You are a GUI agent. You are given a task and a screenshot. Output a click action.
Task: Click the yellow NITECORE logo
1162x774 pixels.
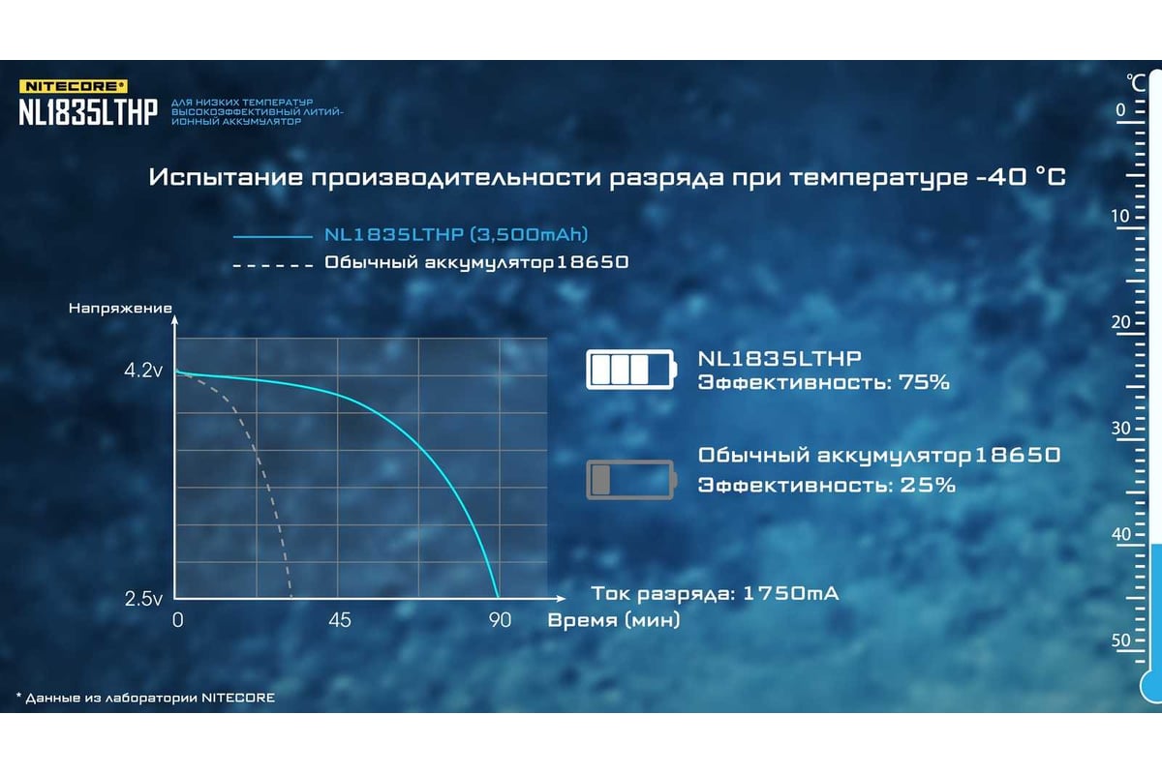pyautogui.click(x=74, y=86)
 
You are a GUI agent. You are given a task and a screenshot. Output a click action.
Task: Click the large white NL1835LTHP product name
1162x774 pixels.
pyautogui.click(x=88, y=112)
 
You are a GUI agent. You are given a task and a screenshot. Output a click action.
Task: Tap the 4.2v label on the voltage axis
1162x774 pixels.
pyautogui.click(x=143, y=371)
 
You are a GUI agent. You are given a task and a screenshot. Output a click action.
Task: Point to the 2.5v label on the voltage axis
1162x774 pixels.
pyautogui.click(x=143, y=599)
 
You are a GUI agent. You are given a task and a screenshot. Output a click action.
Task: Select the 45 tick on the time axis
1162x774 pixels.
pyautogui.click(x=340, y=620)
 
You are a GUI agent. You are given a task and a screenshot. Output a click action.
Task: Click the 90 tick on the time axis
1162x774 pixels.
pyautogui.click(x=500, y=620)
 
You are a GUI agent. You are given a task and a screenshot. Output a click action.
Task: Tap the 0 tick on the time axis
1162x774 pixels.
pyautogui.click(x=178, y=620)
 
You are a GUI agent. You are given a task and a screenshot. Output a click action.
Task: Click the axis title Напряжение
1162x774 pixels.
pyautogui.click(x=120, y=309)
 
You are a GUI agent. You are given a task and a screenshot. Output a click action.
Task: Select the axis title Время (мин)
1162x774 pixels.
pyautogui.click(x=614, y=620)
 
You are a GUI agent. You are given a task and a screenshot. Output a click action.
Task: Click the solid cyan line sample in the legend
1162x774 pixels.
pyautogui.click(x=273, y=236)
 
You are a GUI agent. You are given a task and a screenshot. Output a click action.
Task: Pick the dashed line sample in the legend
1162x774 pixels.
pyautogui.click(x=273, y=265)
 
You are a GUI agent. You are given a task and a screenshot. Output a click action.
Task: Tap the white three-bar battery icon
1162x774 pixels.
pyautogui.click(x=631, y=370)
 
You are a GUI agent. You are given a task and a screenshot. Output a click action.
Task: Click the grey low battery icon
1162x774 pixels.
pyautogui.click(x=631, y=480)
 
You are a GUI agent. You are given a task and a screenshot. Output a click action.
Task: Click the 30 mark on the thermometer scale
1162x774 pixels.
pyautogui.click(x=1120, y=429)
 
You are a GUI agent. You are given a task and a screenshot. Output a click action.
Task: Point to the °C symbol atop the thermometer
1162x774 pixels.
pyautogui.click(x=1136, y=83)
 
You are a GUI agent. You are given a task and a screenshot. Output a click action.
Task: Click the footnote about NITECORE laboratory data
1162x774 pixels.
pyautogui.click(x=146, y=698)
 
